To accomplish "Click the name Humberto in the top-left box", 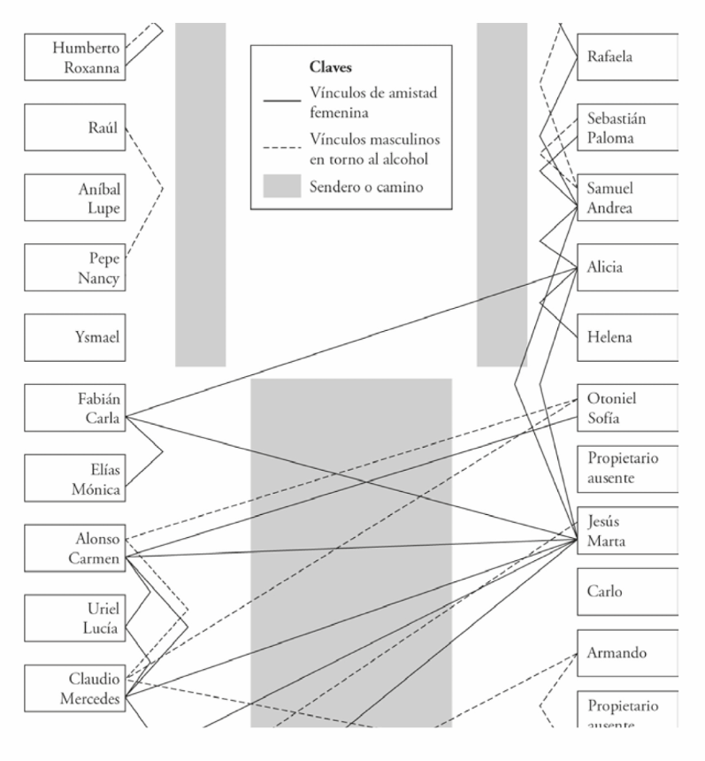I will [86, 48].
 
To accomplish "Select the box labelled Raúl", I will [73, 127].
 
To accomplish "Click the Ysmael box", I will [73, 337].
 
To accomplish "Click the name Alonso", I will [97, 538].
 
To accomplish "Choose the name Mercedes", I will [88, 699].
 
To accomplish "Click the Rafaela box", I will [626, 57].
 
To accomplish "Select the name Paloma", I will [610, 138].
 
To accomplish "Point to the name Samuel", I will [610, 188].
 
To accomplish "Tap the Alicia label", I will [604, 267].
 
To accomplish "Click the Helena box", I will [626, 337].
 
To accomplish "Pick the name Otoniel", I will [611, 398].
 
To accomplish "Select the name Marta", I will [606, 541].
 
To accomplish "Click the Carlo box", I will [626, 591].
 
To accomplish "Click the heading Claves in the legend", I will [331, 67].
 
